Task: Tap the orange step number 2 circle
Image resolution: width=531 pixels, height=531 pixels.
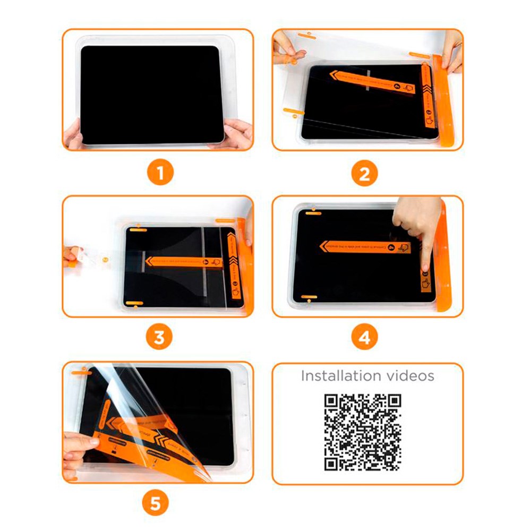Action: pyautogui.click(x=364, y=174)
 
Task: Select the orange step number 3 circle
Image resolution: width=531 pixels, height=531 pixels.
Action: pyautogui.click(x=159, y=338)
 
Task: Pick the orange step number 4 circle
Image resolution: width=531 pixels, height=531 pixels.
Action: pyautogui.click(x=364, y=338)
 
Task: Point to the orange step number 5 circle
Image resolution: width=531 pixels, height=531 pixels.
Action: pyautogui.click(x=155, y=503)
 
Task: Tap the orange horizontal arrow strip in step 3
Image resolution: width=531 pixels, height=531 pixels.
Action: pyautogui.click(x=183, y=261)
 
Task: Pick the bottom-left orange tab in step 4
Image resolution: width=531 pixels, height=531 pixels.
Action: pyautogui.click(x=309, y=296)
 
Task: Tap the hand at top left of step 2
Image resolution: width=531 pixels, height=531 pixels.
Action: pyautogui.click(x=286, y=50)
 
